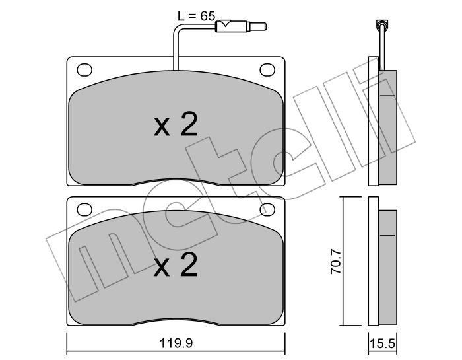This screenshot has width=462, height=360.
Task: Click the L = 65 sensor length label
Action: click(x=197, y=16)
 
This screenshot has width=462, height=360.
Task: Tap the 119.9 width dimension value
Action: click(x=176, y=343)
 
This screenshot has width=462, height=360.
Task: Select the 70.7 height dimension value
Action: click(x=336, y=262)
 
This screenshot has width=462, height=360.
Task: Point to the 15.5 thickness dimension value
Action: click(x=382, y=343)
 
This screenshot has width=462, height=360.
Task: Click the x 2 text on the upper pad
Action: click(x=176, y=124)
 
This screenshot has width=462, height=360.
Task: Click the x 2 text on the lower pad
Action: click(x=176, y=265)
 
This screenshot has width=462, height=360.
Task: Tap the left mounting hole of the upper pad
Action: click(x=84, y=70)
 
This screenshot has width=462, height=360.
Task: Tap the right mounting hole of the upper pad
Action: click(x=267, y=70)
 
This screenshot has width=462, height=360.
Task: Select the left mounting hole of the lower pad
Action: click(x=84, y=209)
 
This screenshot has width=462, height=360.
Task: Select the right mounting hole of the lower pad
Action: click(x=267, y=209)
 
